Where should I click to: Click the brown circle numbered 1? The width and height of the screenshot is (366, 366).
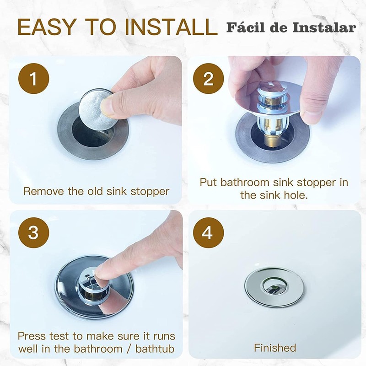[x=34, y=79]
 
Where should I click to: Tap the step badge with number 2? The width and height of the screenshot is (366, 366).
[x=209, y=79]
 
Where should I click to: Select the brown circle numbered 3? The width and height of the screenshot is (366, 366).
[x=34, y=233]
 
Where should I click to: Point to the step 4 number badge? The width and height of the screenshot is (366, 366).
[x=209, y=233]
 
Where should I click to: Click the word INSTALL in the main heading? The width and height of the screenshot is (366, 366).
[x=171, y=27]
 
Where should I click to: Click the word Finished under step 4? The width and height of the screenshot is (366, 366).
[x=275, y=348]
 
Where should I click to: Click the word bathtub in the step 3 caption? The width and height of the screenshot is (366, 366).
[x=155, y=349]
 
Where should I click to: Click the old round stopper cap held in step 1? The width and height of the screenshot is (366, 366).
[x=97, y=109]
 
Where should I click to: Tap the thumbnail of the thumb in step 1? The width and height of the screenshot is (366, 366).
[x=108, y=106]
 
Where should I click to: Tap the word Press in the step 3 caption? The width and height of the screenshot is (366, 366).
[x=32, y=336]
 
